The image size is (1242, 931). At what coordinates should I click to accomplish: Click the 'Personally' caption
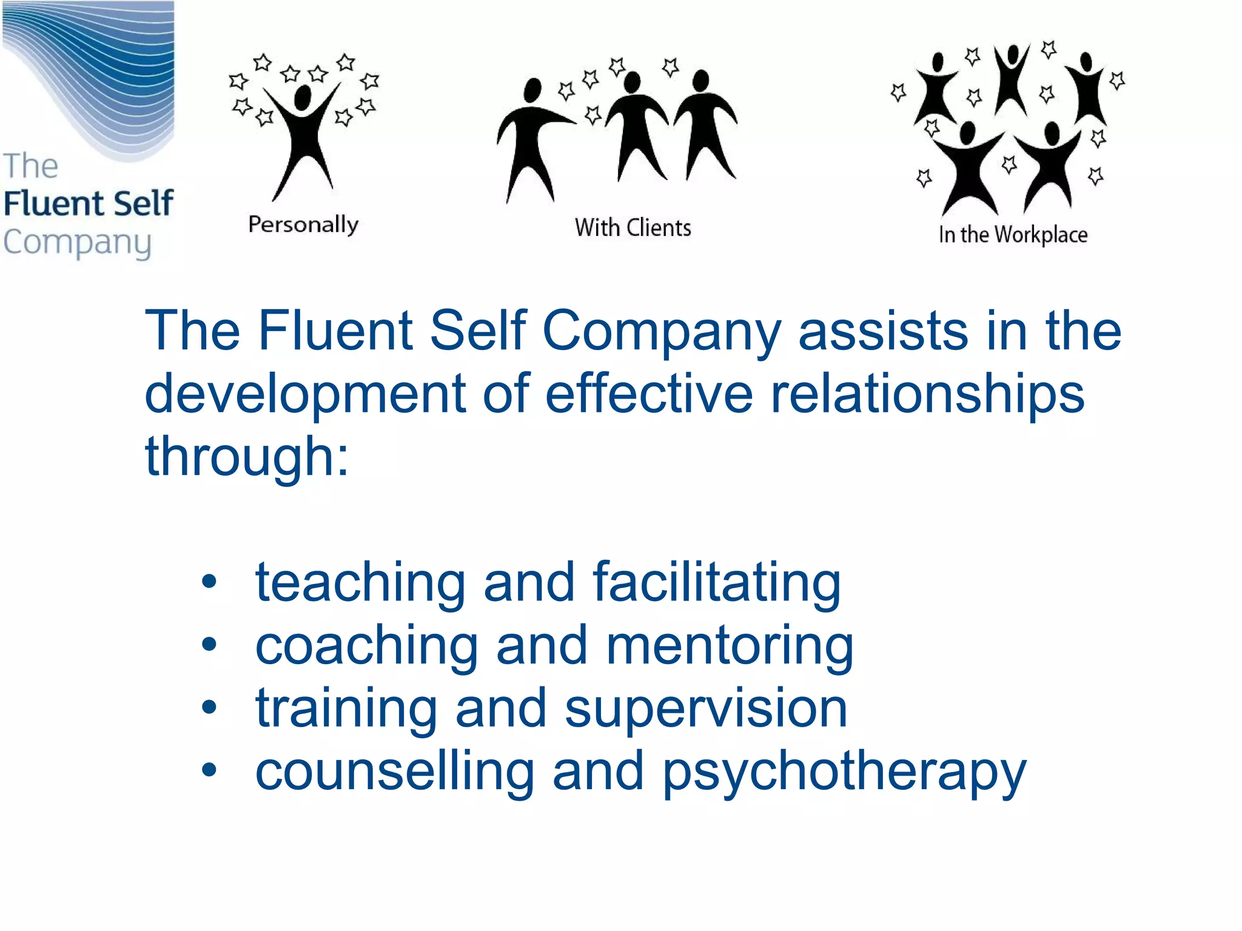click(303, 225)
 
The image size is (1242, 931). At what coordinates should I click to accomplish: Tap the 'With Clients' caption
click(633, 228)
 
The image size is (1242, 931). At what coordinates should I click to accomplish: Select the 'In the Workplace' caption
click(1013, 235)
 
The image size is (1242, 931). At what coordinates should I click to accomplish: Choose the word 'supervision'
click(706, 710)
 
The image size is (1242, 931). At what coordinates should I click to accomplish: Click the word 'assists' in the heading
click(883, 331)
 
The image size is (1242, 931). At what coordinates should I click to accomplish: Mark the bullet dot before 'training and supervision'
click(209, 707)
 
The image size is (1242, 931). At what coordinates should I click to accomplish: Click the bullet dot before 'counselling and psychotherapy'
click(209, 770)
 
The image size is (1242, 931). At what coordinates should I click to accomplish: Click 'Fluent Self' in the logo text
click(89, 203)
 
